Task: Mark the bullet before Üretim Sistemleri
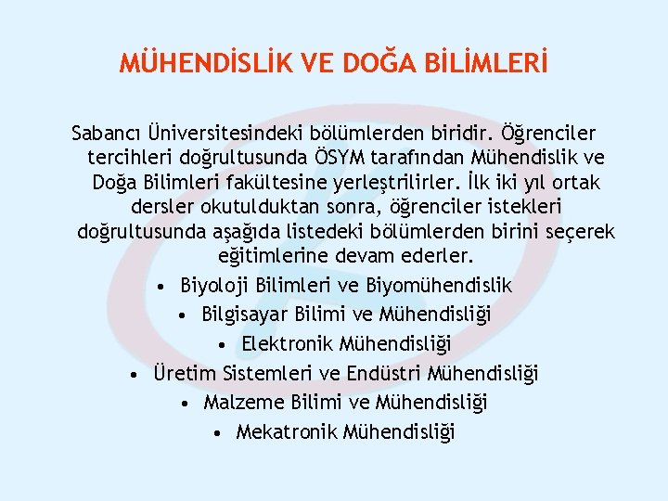coord(135,375)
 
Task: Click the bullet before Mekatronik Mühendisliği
coord(215,433)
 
